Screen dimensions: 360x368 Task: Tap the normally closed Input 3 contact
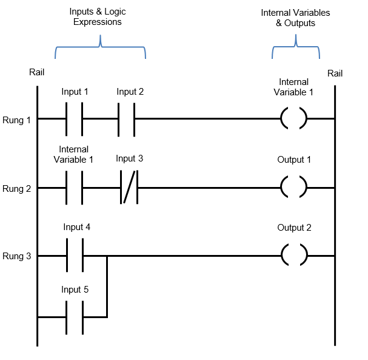click(x=130, y=188)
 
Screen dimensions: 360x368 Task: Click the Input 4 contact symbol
click(x=74, y=256)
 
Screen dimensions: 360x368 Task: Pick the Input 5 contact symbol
click(x=74, y=317)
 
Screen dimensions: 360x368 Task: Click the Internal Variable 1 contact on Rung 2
click(x=74, y=188)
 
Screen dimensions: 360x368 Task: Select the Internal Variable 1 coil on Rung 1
click(x=294, y=118)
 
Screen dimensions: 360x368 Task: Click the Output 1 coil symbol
click(x=294, y=188)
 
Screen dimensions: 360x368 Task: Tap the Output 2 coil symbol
click(x=294, y=256)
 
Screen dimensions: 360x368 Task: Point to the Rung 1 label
click(x=16, y=120)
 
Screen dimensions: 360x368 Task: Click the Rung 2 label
click(x=16, y=189)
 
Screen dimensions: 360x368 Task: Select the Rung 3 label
click(x=16, y=257)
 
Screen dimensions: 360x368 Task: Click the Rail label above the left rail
click(x=36, y=72)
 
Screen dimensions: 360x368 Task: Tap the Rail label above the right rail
click(x=335, y=73)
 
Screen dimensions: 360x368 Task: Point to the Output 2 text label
click(x=294, y=228)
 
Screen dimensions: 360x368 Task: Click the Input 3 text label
click(x=130, y=158)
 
